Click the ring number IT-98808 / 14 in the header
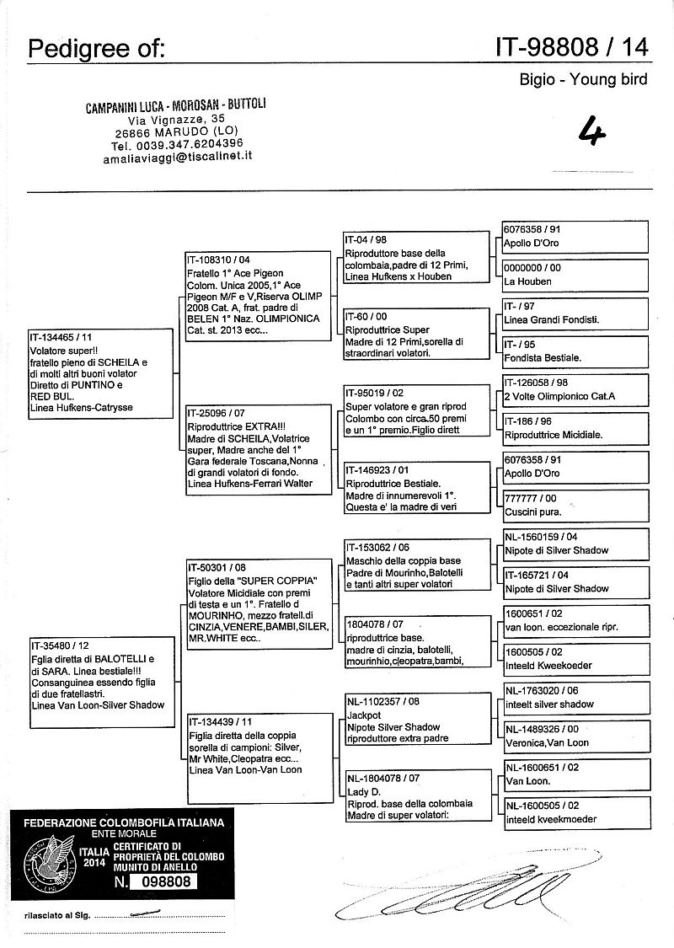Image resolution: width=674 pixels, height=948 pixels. (572, 49)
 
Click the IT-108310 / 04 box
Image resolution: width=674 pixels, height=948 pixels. (259, 296)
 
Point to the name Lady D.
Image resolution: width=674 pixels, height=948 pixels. (365, 792)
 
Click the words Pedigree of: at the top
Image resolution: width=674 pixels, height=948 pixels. (97, 51)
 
